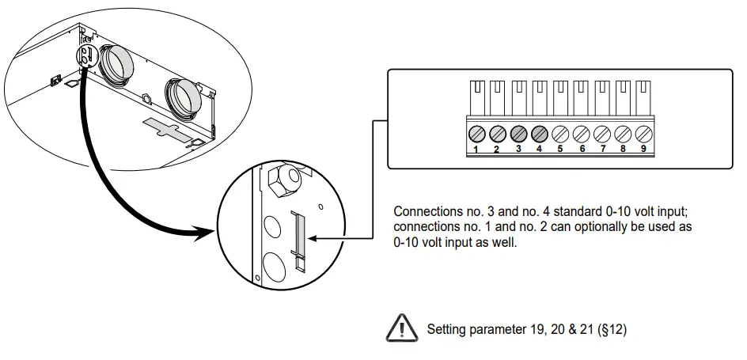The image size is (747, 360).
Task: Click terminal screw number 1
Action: pyautogui.click(x=477, y=133)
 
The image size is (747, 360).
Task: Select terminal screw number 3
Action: pyautogui.click(x=518, y=133)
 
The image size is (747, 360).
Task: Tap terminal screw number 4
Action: pyautogui.click(x=539, y=133)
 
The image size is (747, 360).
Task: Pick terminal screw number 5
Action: pyautogui.click(x=560, y=133)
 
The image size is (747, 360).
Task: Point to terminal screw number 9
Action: pyautogui.click(x=643, y=133)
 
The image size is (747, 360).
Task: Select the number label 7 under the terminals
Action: pyautogui.click(x=602, y=148)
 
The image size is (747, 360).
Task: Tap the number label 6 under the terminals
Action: pyautogui.click(x=582, y=148)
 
